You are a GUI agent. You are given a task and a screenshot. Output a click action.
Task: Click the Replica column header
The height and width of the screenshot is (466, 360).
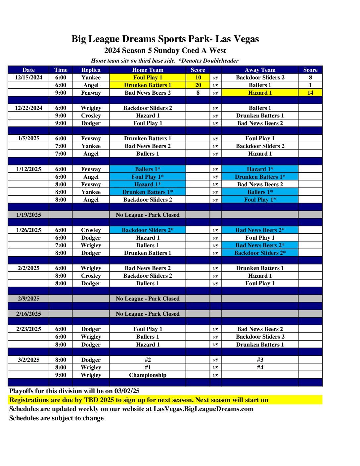click(91, 70)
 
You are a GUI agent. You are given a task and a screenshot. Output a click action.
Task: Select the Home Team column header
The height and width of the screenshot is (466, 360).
click(148, 70)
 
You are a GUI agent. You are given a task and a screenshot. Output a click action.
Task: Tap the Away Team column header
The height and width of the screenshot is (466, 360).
click(260, 70)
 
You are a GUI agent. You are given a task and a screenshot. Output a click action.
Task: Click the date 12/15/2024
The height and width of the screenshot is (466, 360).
click(28, 77)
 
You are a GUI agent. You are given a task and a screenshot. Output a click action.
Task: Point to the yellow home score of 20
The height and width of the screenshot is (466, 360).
click(198, 85)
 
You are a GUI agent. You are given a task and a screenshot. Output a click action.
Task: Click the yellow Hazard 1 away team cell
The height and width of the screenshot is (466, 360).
click(260, 93)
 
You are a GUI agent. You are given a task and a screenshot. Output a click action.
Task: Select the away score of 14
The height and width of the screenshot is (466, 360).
click(310, 93)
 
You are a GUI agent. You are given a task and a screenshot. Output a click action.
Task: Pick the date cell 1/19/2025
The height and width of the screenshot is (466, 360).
click(28, 215)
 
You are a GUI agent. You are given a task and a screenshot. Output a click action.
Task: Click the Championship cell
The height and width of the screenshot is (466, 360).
click(148, 375)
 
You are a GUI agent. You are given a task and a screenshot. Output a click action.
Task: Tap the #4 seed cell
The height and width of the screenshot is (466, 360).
click(260, 367)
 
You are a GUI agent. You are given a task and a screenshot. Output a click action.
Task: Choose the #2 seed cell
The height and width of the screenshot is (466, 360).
click(148, 360)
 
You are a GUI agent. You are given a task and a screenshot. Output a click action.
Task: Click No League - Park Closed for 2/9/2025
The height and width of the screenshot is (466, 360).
click(148, 299)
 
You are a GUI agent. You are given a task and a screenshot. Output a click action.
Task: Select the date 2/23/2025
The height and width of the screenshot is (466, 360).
click(28, 329)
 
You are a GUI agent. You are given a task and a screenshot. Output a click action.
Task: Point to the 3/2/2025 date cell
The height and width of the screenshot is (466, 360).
click(28, 360)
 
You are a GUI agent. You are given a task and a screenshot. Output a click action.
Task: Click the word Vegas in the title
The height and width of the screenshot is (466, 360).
click(246, 39)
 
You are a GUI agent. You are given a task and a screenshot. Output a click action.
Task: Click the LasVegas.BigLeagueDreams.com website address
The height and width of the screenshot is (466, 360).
click(203, 409)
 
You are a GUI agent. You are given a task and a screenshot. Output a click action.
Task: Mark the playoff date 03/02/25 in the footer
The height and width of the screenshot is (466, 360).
click(127, 391)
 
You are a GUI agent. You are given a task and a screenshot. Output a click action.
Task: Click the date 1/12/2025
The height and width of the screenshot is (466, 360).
click(28, 169)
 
